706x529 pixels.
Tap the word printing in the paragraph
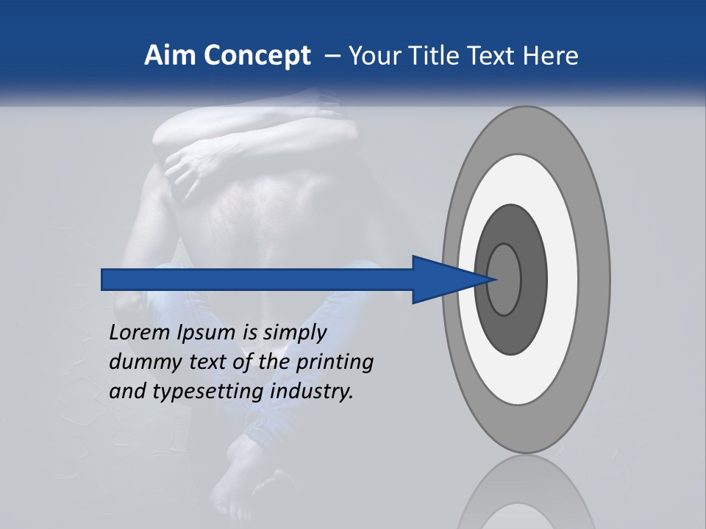(x=334, y=363)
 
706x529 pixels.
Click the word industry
(x=312, y=392)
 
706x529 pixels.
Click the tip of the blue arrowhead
(x=498, y=279)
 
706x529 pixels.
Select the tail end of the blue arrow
(x=104, y=279)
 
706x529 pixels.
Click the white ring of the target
(x=563, y=279)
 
